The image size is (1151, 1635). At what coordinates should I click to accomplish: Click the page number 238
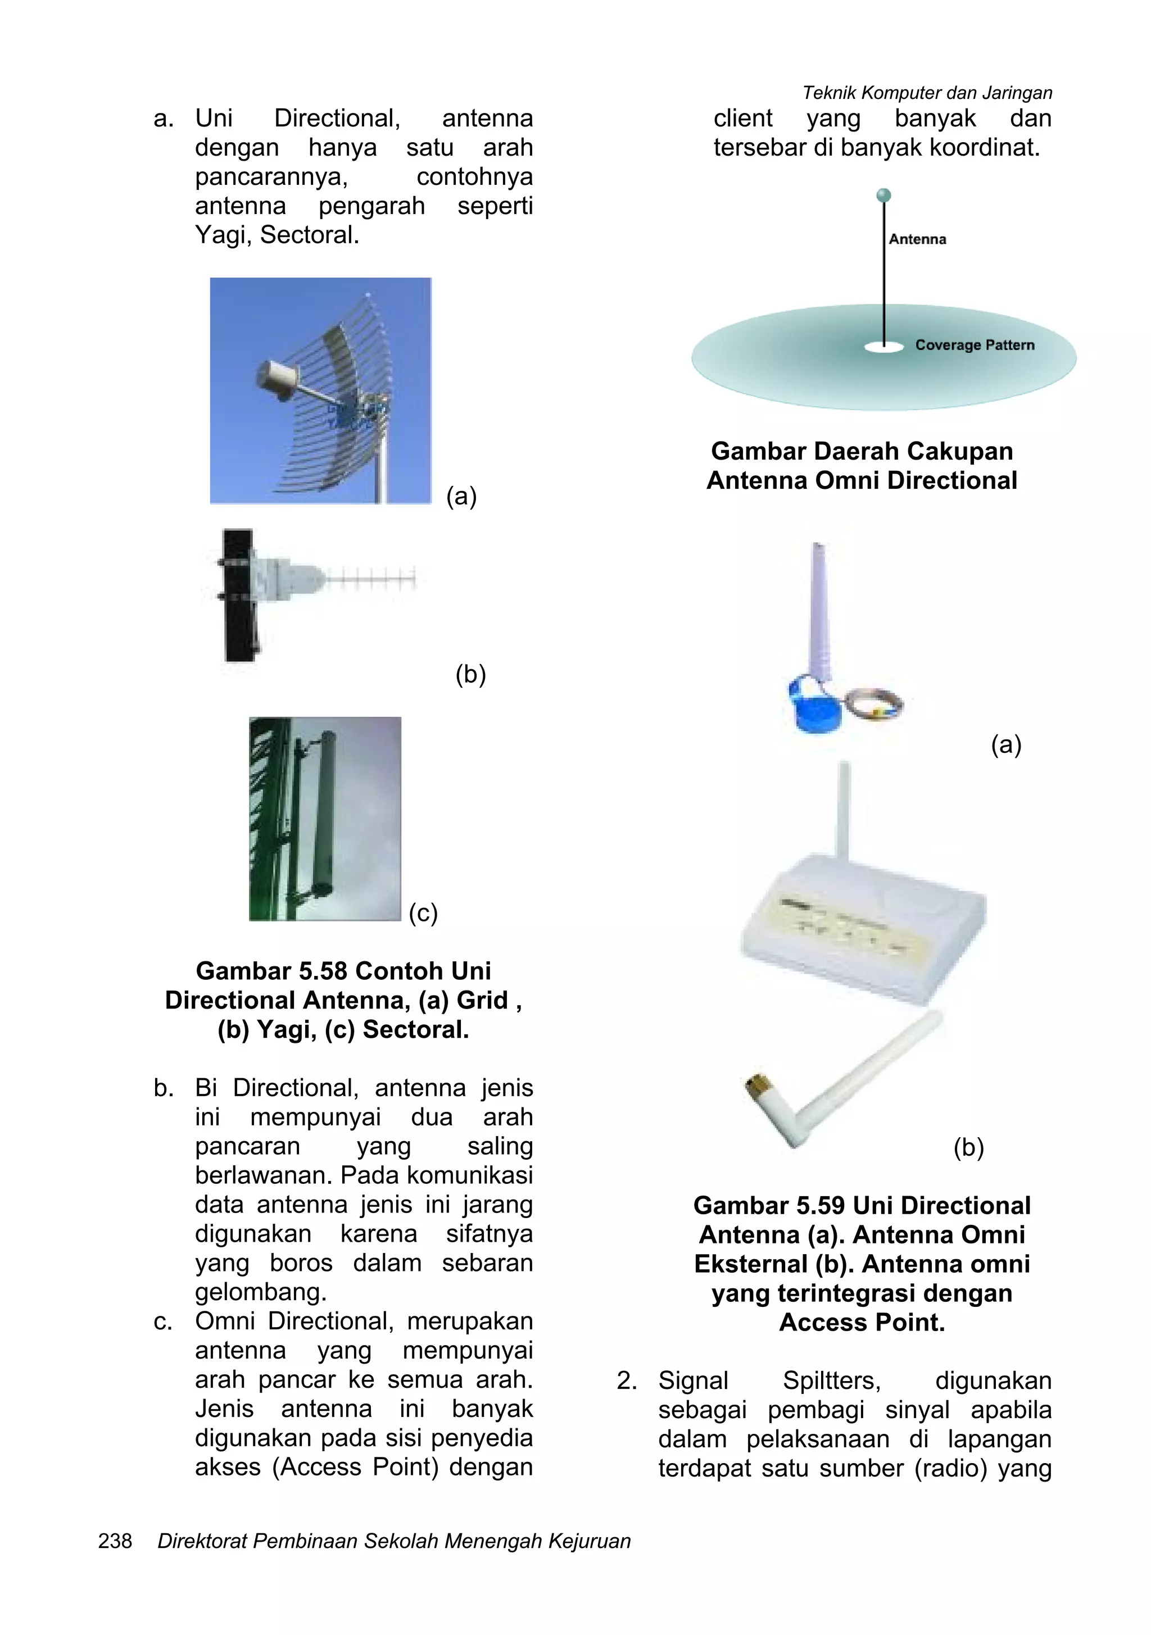115,1541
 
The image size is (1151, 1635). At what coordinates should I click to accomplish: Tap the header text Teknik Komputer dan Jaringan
927,93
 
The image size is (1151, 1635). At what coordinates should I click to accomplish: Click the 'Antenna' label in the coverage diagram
917,239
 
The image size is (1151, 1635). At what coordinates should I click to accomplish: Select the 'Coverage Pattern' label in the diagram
975,344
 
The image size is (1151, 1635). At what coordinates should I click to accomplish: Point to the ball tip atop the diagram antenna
883,195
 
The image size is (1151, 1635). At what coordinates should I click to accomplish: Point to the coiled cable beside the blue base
874,705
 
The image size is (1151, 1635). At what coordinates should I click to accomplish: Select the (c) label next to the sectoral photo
423,912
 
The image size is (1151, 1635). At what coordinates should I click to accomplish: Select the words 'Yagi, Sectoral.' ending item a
277,234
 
